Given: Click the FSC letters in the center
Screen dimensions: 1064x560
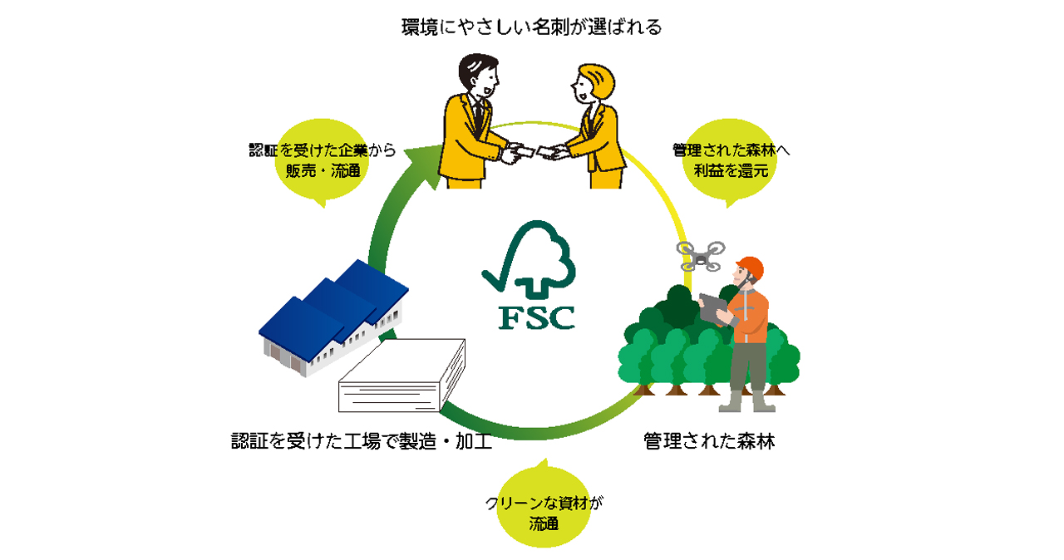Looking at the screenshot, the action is pos(536,318).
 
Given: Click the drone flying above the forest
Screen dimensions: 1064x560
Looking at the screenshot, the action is pos(701,256).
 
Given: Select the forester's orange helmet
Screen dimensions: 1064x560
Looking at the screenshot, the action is pos(751,268).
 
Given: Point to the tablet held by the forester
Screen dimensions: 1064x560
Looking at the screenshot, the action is pos(713,309).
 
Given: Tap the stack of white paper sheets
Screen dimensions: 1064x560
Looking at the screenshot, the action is pos(401,375).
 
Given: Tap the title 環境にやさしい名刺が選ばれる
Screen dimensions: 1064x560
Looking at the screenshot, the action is pos(531,27).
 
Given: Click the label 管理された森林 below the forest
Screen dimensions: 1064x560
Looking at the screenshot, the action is pos(709,441).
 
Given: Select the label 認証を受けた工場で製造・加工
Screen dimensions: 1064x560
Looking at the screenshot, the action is pos(361,441).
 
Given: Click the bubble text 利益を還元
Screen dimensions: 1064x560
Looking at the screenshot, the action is pos(731,170).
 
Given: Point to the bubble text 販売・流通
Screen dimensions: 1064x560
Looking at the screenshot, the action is pos(323,170).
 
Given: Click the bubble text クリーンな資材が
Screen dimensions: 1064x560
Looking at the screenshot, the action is pos(544,503).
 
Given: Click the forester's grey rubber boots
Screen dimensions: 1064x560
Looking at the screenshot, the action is pos(747,401).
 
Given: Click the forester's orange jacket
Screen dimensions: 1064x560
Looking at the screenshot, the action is pos(748,315).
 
